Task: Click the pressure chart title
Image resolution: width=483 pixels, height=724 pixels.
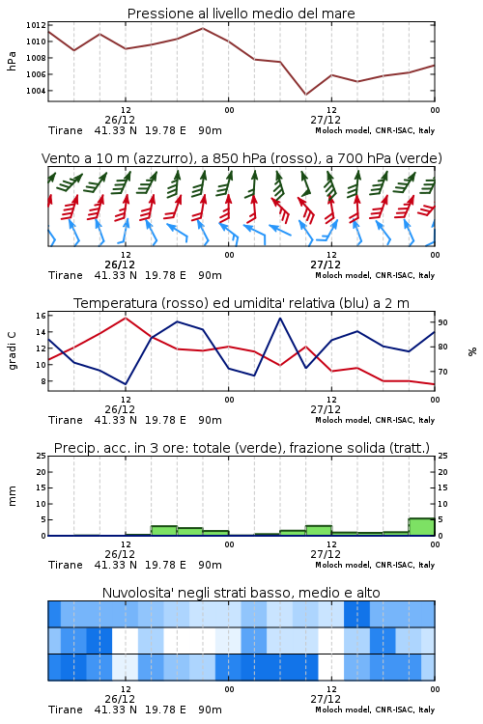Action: [x=241, y=14]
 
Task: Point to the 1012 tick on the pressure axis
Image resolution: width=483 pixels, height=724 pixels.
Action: [x=36, y=25]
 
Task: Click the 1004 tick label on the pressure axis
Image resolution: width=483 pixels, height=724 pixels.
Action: [x=36, y=91]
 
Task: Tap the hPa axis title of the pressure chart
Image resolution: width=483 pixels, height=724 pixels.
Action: [x=12, y=61]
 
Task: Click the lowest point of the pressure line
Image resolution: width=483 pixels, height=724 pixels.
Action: [x=305, y=95]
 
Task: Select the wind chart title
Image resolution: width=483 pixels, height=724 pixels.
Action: [x=241, y=158]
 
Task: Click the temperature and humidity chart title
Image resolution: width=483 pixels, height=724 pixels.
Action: [x=241, y=303]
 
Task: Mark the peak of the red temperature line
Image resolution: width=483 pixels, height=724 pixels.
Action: [x=126, y=318]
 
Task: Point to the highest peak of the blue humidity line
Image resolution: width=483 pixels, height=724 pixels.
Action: [x=279, y=318]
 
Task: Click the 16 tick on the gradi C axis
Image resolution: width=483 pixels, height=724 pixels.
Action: [x=41, y=316]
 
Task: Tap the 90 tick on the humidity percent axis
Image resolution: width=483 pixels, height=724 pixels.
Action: [x=442, y=322]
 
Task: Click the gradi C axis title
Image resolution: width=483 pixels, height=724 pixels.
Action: [x=12, y=350]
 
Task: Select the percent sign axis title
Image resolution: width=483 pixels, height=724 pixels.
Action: [x=472, y=351]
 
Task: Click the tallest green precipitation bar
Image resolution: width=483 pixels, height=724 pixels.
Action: [x=421, y=527]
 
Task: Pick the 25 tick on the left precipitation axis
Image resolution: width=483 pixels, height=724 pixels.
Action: [x=41, y=456]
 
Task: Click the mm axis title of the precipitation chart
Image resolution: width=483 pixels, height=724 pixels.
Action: [x=12, y=495]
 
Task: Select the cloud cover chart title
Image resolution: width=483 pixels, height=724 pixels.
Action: [x=241, y=593]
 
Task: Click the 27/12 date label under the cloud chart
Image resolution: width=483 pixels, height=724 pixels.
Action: [x=326, y=699]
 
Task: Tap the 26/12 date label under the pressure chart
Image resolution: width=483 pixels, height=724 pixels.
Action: [x=120, y=120]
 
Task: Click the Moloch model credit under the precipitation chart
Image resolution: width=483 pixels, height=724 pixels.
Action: [x=375, y=565]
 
